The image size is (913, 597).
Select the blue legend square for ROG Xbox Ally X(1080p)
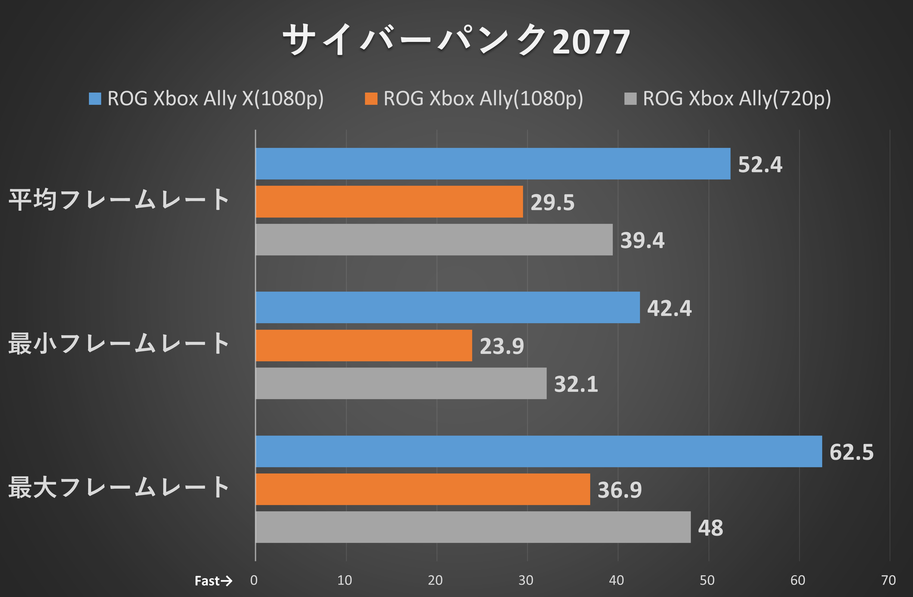pyautogui.click(x=95, y=99)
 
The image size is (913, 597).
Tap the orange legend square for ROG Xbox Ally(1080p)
pyautogui.click(x=371, y=99)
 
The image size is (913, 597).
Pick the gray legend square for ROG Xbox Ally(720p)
pyautogui.click(x=630, y=99)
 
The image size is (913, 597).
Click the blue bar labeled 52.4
pyautogui.click(x=493, y=164)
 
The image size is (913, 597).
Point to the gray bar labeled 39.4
pyautogui.click(x=434, y=240)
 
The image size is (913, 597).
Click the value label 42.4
pyautogui.click(x=669, y=308)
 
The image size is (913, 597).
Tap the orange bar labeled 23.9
pyautogui.click(x=364, y=345)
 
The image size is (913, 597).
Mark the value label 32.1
pyautogui.click(x=576, y=384)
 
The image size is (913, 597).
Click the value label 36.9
pyautogui.click(x=619, y=489)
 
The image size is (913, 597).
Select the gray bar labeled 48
pyautogui.click(x=473, y=527)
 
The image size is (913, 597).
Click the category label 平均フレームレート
pyautogui.click(x=119, y=200)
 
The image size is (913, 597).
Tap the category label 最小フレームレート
pyautogui.click(x=119, y=343)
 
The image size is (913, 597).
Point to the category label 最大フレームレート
pyautogui.click(x=119, y=487)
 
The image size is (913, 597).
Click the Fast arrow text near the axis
pyautogui.click(x=213, y=580)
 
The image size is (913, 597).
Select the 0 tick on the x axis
pyautogui.click(x=254, y=580)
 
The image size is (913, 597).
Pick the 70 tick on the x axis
pyautogui.click(x=888, y=580)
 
